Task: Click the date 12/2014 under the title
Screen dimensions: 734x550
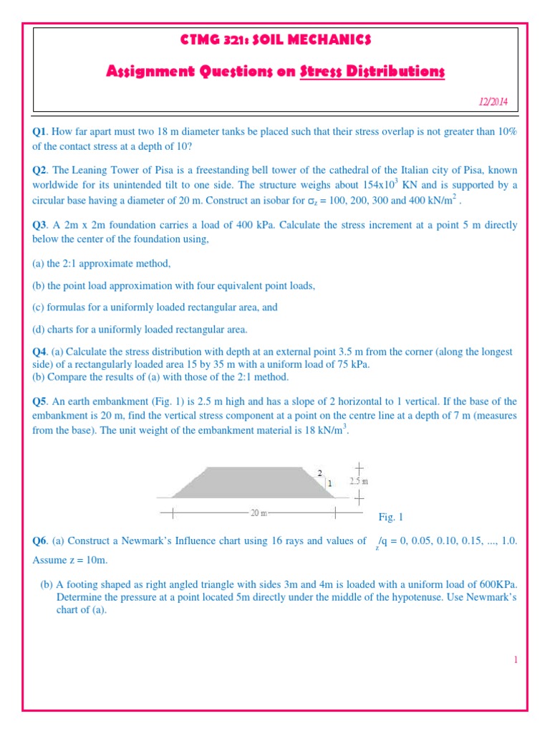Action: (x=493, y=103)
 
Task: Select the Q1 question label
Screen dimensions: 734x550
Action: (x=39, y=133)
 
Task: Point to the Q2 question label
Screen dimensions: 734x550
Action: (x=39, y=171)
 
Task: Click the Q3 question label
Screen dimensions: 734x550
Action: (x=39, y=225)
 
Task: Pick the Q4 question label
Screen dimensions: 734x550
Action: (x=39, y=352)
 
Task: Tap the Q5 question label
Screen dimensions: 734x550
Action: (x=39, y=402)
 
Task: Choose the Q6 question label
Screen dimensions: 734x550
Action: (x=39, y=541)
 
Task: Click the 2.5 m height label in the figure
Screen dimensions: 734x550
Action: (x=359, y=482)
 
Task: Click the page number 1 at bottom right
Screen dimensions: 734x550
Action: (x=515, y=660)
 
